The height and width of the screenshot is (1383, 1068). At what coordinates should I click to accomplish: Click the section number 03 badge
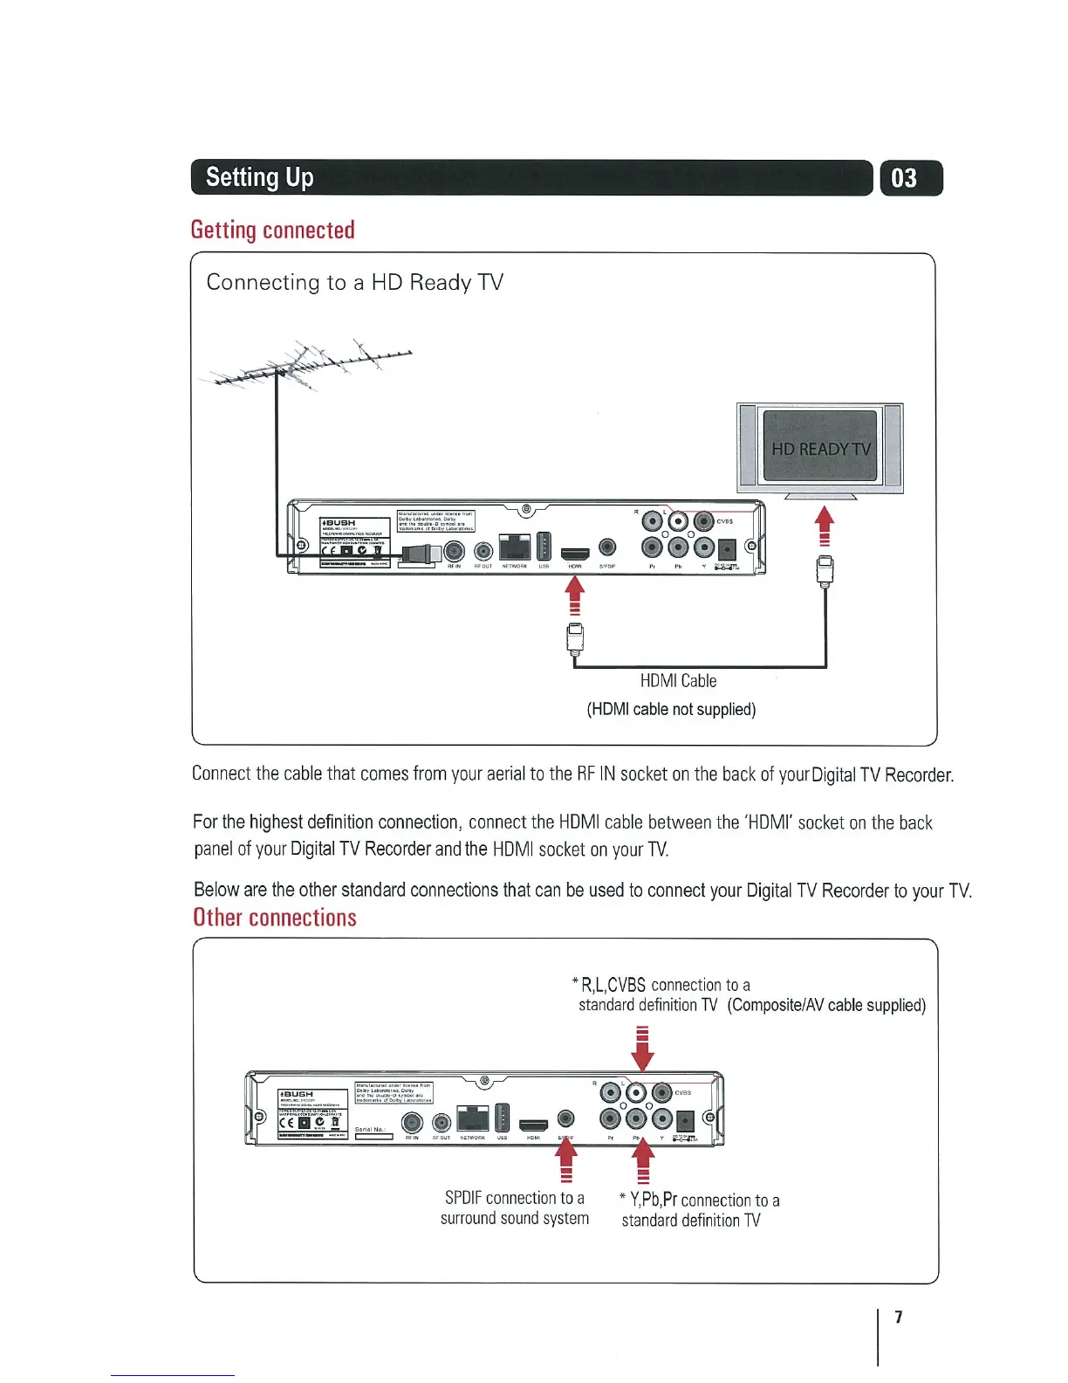(911, 178)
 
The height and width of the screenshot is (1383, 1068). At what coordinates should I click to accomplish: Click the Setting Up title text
(260, 177)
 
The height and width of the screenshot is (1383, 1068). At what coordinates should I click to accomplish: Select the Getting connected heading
(272, 230)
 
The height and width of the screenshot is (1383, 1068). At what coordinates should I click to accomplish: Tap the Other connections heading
(275, 918)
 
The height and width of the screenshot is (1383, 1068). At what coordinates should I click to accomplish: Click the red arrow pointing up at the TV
(824, 526)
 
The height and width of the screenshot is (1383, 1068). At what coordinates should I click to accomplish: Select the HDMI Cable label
(678, 681)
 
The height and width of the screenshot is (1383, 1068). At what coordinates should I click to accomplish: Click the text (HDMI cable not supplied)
(671, 709)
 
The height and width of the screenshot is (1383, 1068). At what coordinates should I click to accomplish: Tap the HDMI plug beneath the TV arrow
(825, 570)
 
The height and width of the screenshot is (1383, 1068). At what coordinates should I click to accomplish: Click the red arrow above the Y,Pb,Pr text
(643, 1163)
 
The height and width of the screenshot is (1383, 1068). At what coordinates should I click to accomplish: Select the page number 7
(899, 1317)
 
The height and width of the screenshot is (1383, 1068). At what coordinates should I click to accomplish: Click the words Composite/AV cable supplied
(826, 1005)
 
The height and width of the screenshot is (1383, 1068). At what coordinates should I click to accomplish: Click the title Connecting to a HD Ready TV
(355, 282)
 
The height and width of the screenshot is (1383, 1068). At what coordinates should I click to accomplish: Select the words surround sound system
(515, 1218)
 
